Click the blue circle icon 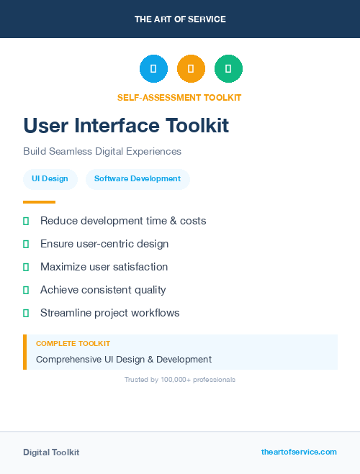[153, 69]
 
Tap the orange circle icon [191, 69]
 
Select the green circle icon [228, 69]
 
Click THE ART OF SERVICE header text [180, 19]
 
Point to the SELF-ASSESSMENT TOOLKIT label [179, 98]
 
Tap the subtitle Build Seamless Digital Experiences [102, 152]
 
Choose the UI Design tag [49, 179]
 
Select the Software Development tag [138, 179]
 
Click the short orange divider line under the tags [39, 202]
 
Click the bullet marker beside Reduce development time [26, 221]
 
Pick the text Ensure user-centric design [104, 244]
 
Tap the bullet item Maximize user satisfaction [104, 267]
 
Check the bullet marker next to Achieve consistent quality [26, 290]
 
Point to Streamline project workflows [109, 313]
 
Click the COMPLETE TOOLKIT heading [73, 344]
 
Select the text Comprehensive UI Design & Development [124, 359]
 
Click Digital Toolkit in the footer [51, 452]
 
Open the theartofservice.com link [299, 452]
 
